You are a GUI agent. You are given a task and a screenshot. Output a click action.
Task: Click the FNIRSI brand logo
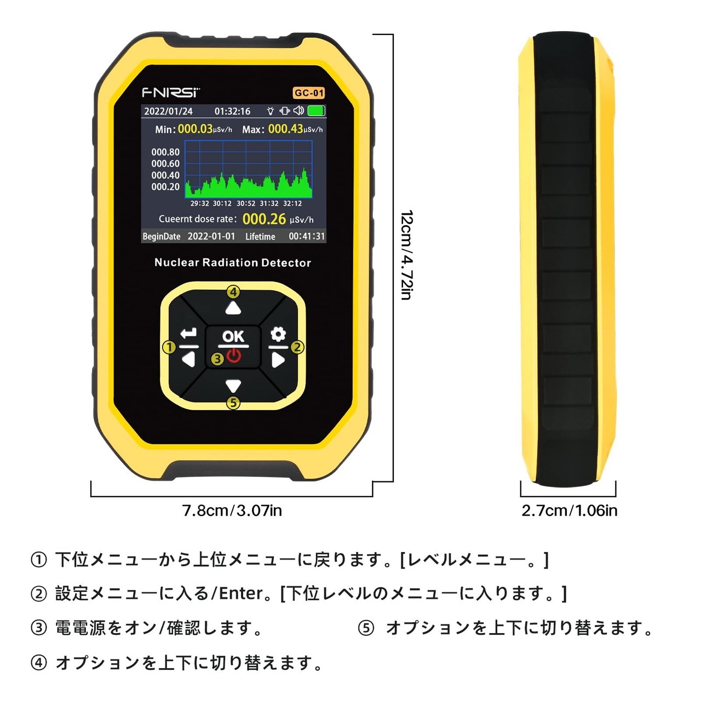tap(171, 92)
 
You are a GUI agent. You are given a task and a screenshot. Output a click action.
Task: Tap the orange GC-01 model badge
tap(309, 93)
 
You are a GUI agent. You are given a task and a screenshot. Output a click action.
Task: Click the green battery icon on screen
tap(317, 111)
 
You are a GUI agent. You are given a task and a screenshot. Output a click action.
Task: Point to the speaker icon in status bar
tap(298, 111)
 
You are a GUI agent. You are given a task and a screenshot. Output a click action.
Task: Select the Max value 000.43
tap(285, 129)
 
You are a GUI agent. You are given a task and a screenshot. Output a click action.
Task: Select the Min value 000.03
tap(195, 129)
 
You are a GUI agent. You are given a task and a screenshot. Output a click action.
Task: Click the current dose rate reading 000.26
tap(264, 219)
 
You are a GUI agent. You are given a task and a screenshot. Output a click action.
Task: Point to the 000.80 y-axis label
tap(165, 152)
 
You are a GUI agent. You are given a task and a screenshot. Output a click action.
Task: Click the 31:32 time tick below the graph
tap(269, 204)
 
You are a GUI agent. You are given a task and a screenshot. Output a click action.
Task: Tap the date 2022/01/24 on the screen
tap(168, 111)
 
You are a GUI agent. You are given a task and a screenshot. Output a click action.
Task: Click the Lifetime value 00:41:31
tap(307, 237)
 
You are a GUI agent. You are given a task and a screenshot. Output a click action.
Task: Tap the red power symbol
tap(234, 357)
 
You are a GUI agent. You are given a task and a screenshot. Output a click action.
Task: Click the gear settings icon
tap(278, 334)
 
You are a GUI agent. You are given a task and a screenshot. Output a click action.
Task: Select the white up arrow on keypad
tap(233, 309)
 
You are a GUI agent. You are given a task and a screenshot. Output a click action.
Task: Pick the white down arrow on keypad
tap(233, 386)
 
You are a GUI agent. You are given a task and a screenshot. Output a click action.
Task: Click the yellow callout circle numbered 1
tap(169, 347)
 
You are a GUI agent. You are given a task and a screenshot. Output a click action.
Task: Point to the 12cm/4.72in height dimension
tap(406, 255)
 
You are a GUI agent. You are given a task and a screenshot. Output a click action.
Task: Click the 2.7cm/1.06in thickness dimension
tap(569, 510)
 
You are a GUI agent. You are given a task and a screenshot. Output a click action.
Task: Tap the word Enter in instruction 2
tap(241, 593)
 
